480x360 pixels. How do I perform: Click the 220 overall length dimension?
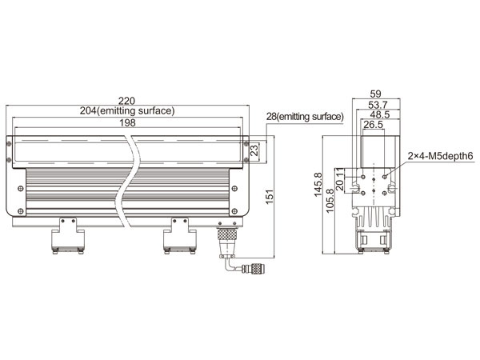[126, 101]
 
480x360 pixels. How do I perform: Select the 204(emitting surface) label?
[127, 110]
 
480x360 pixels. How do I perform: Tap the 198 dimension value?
[127, 122]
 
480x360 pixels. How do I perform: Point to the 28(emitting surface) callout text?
[306, 117]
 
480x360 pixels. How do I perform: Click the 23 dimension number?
[254, 150]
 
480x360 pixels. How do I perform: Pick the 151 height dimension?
[269, 197]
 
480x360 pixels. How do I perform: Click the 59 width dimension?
[375, 94]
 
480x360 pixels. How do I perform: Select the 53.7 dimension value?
[378, 105]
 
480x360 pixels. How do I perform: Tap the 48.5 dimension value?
[379, 114]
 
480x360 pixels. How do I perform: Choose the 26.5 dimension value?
[373, 125]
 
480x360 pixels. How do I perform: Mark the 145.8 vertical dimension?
[318, 185]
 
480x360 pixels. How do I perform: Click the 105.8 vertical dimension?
[330, 201]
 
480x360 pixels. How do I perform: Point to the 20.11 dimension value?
[340, 179]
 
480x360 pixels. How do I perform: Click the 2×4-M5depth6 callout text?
[441, 156]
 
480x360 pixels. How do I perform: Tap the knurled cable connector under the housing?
[227, 235]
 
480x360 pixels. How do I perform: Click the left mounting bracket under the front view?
[68, 236]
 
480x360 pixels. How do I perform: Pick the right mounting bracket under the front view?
[180, 236]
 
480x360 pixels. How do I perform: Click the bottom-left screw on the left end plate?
[21, 211]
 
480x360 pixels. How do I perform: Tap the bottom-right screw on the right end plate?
[234, 211]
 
